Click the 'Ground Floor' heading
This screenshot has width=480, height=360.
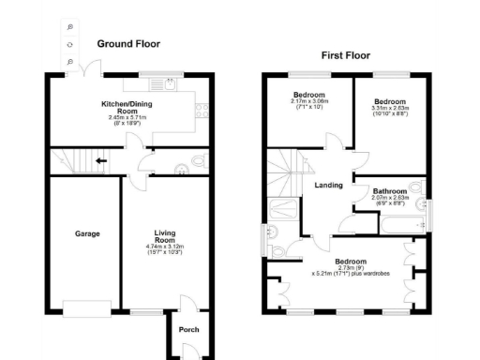pyautogui.click(x=128, y=44)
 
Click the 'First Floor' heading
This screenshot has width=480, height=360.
pyautogui.click(x=346, y=56)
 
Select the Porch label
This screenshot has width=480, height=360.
pyautogui.click(x=188, y=329)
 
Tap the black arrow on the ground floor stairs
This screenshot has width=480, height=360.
pyautogui.click(x=98, y=160)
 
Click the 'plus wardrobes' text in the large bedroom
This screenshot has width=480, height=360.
pyautogui.click(x=368, y=278)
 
